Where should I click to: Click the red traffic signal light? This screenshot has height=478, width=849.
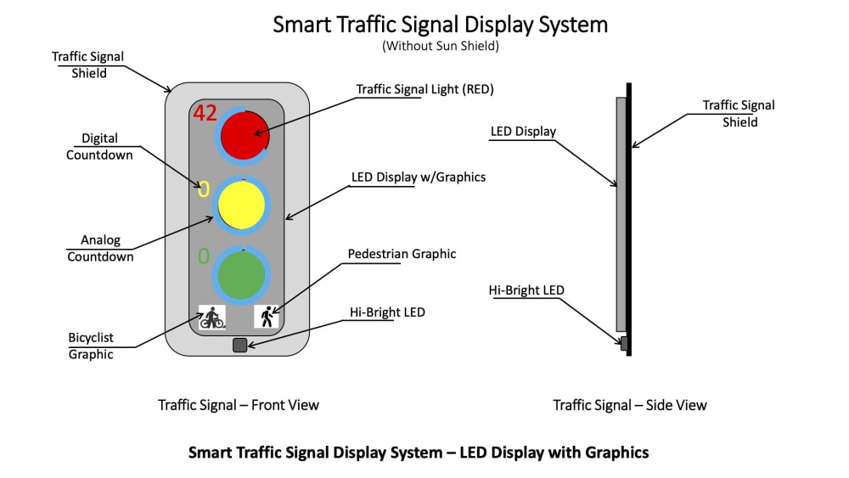coord(244,133)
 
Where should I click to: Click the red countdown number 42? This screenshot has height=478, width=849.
coord(205,113)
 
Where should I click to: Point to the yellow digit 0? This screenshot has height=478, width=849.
coord(203,188)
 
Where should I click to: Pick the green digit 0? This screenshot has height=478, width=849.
coord(203,256)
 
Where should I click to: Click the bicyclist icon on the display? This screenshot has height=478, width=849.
coord(212,317)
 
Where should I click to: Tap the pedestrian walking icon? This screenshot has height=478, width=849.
coord(267,317)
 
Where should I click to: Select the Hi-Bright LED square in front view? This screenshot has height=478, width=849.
coord(239,345)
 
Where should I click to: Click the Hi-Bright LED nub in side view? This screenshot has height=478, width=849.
coord(623,343)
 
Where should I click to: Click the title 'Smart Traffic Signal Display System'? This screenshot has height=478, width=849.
coord(440,25)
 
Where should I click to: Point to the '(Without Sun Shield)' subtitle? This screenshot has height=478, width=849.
coord(440,46)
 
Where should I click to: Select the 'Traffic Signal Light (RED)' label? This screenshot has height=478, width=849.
coord(424,88)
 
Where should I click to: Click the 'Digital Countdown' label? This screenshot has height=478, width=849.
coord(99,146)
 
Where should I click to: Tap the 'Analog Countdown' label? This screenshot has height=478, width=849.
coord(100,248)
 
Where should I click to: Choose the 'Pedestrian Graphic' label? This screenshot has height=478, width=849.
coord(402,254)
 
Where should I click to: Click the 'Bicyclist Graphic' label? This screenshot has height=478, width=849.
coord(91,346)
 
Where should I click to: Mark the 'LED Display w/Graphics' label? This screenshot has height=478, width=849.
coord(418,177)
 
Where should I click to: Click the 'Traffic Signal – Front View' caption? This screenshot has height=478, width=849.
coord(239,405)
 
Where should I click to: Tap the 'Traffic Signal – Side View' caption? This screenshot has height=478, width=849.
coord(630,405)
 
